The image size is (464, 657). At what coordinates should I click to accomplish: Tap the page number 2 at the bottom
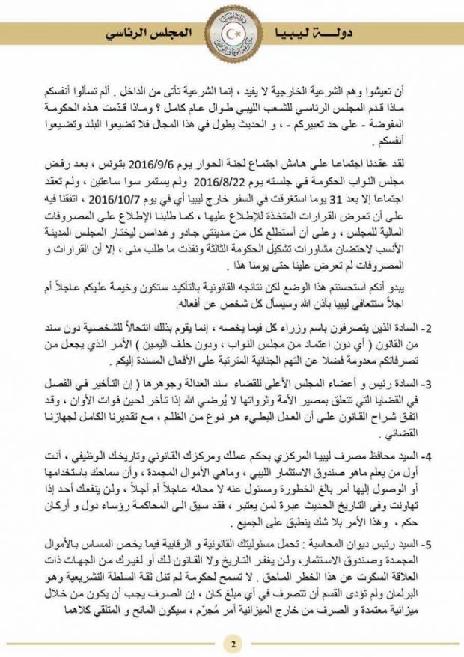coord(232,643)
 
